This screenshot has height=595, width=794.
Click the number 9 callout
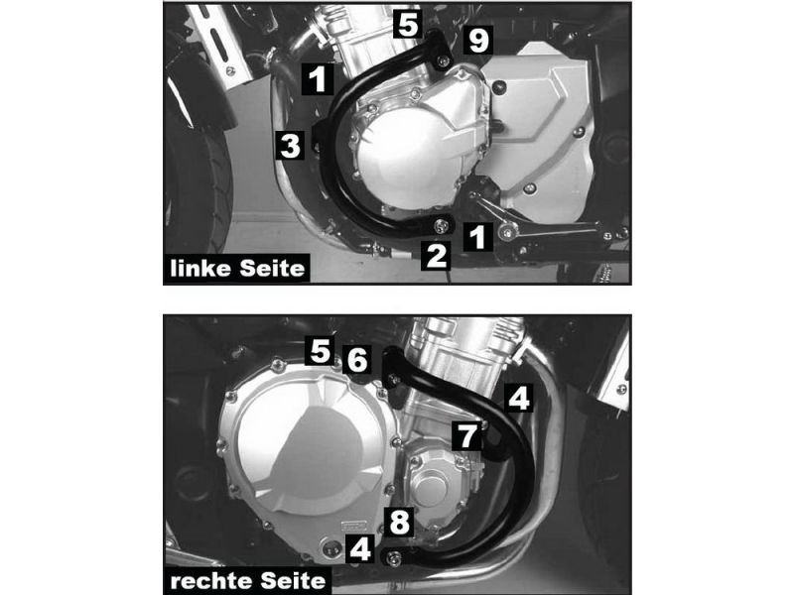(x=478, y=41)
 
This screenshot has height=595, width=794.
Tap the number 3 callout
(x=290, y=145)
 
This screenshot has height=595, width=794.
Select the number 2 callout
(x=437, y=256)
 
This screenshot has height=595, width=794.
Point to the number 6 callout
(x=357, y=360)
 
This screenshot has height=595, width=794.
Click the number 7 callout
(x=466, y=435)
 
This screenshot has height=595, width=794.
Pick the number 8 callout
(x=399, y=523)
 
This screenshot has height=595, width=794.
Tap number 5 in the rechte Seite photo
(x=320, y=350)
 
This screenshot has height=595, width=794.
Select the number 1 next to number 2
(x=477, y=236)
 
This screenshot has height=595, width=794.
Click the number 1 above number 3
(x=318, y=79)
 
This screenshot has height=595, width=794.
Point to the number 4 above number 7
(x=518, y=398)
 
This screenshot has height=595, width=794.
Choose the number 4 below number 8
(x=360, y=549)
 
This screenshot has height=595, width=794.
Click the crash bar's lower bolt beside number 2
(x=442, y=226)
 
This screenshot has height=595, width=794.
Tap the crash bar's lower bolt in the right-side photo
(x=394, y=557)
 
